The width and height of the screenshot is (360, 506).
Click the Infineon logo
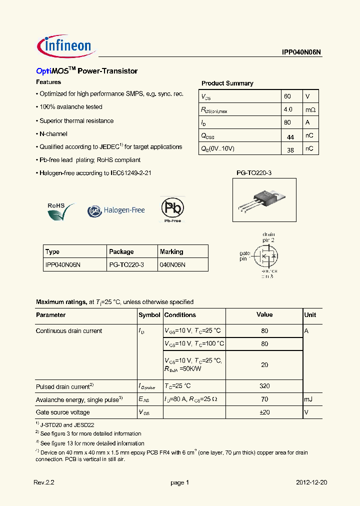[64, 46]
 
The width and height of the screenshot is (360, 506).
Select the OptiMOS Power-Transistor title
[86, 71]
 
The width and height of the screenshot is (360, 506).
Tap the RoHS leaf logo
[60, 210]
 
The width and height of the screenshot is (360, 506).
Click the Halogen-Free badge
[116, 210]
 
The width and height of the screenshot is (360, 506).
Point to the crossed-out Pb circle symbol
[172, 208]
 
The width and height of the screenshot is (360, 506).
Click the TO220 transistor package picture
[257, 198]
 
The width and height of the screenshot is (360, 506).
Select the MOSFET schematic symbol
[265, 257]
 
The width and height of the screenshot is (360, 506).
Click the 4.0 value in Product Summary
[288, 109]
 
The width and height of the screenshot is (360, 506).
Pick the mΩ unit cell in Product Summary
[310, 109]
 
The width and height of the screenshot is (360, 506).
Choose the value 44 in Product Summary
[290, 136]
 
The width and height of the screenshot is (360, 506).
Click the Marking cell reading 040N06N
[172, 264]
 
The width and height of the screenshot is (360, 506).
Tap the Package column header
[121, 251]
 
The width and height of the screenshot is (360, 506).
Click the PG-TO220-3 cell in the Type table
[126, 264]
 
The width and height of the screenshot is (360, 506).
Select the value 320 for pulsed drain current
[264, 385]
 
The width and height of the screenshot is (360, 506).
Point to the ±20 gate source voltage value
[264, 412]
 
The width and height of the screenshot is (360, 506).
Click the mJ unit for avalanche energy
[309, 399]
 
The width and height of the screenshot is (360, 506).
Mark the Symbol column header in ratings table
[149, 315]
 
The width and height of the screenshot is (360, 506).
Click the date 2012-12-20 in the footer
[311, 482]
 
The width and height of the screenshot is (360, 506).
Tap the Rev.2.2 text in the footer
[43, 482]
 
